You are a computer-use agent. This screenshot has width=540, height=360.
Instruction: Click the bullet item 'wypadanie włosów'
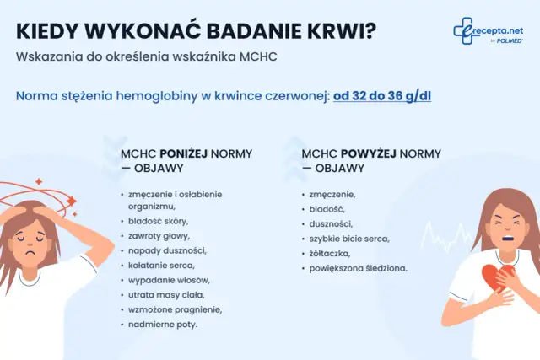click(169, 279)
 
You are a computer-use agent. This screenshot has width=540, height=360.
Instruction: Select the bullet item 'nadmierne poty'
click(163, 324)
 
